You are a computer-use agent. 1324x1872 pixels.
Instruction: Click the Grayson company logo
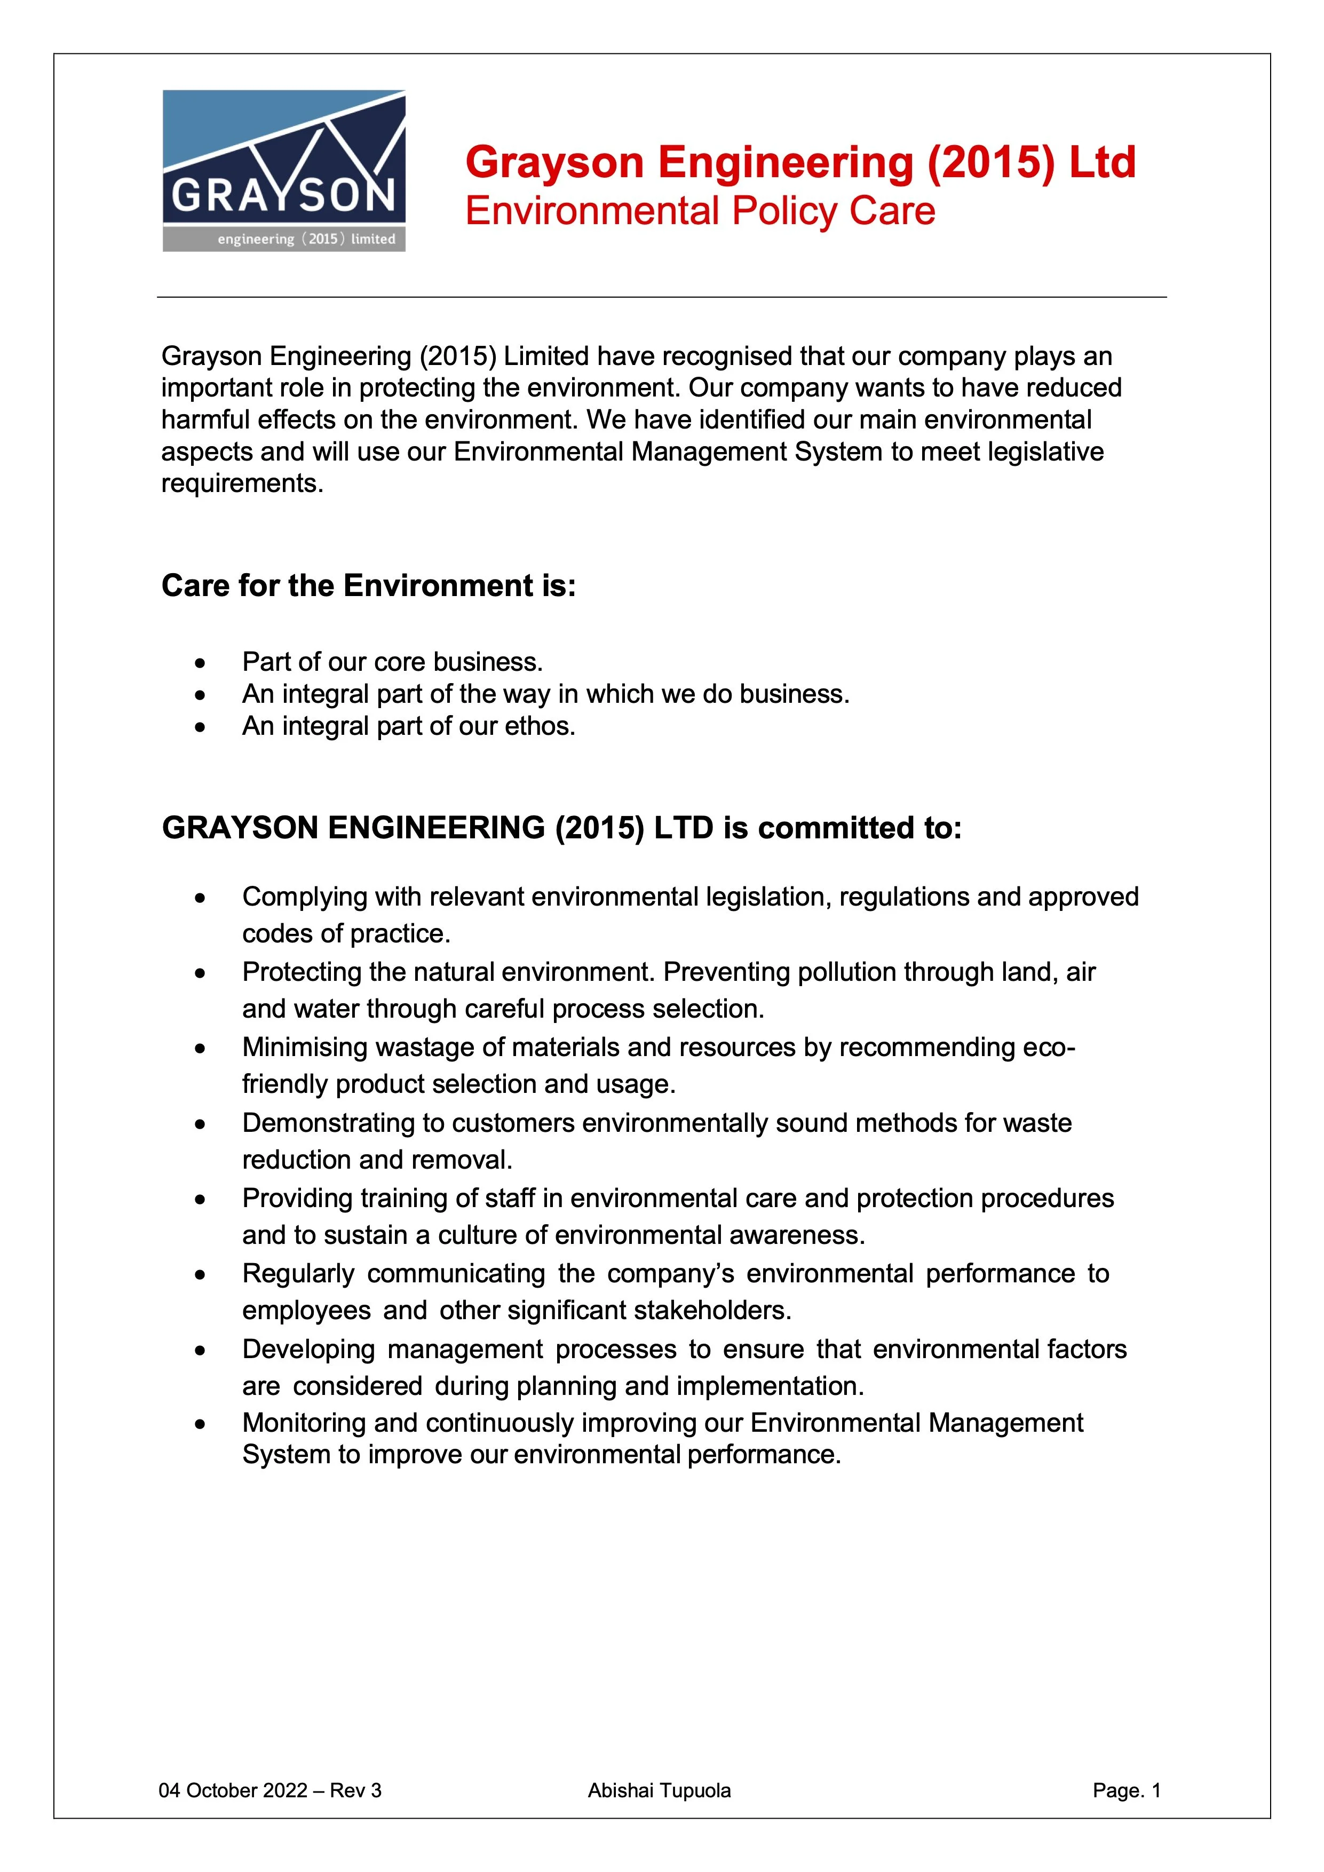(284, 170)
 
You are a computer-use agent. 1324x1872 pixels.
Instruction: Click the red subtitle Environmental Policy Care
(700, 211)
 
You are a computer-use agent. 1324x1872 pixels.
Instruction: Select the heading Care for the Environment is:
(369, 585)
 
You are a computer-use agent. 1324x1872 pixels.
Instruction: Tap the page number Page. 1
(1126, 1790)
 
